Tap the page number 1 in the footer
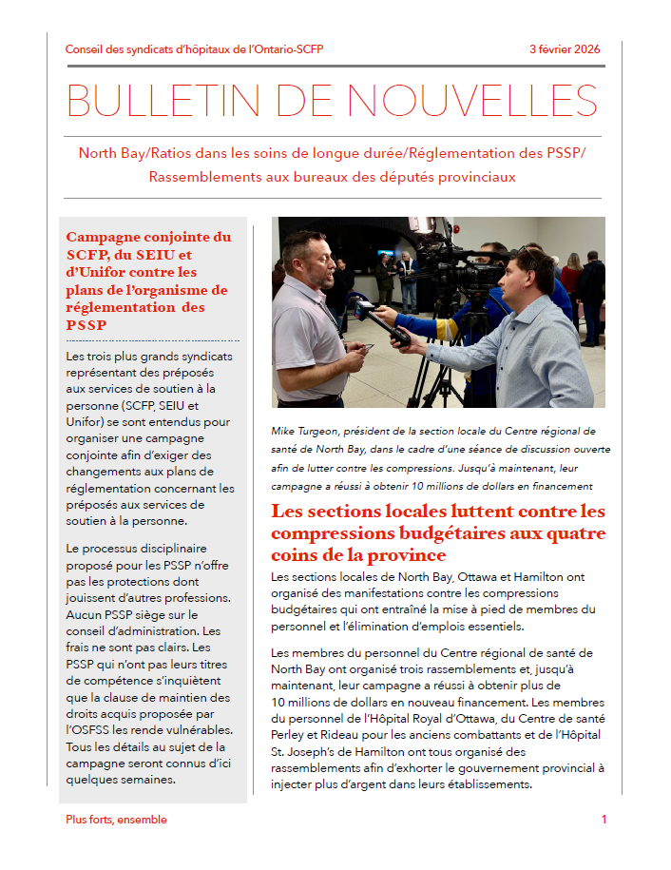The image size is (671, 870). pos(604,820)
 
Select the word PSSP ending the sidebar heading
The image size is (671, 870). pos(86,325)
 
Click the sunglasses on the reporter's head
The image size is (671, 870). pos(528,257)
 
